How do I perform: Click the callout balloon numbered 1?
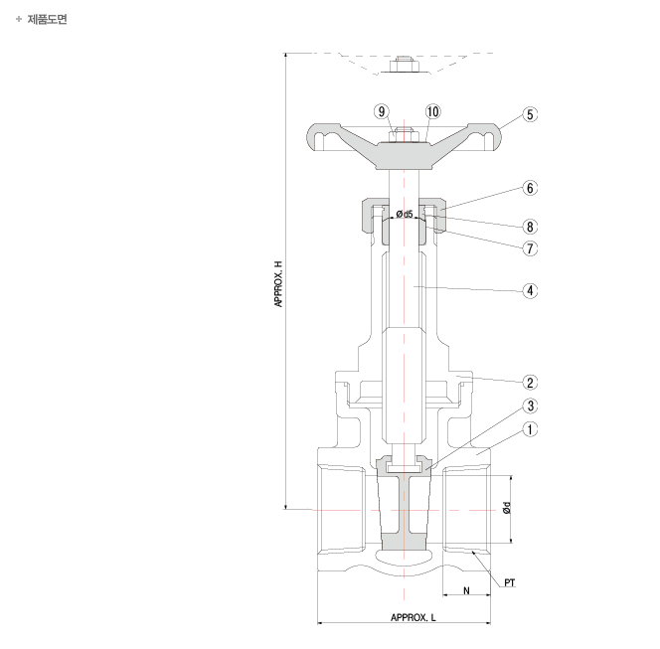(x=530, y=429)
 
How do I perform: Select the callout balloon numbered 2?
(x=530, y=383)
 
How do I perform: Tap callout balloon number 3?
(x=530, y=406)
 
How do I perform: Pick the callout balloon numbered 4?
(x=530, y=291)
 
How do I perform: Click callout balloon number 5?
(x=530, y=114)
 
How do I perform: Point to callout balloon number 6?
(x=530, y=188)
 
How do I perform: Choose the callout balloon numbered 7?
(x=530, y=248)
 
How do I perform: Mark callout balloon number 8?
(x=530, y=227)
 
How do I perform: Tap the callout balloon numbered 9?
(x=382, y=111)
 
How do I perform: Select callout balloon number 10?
(x=432, y=111)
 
